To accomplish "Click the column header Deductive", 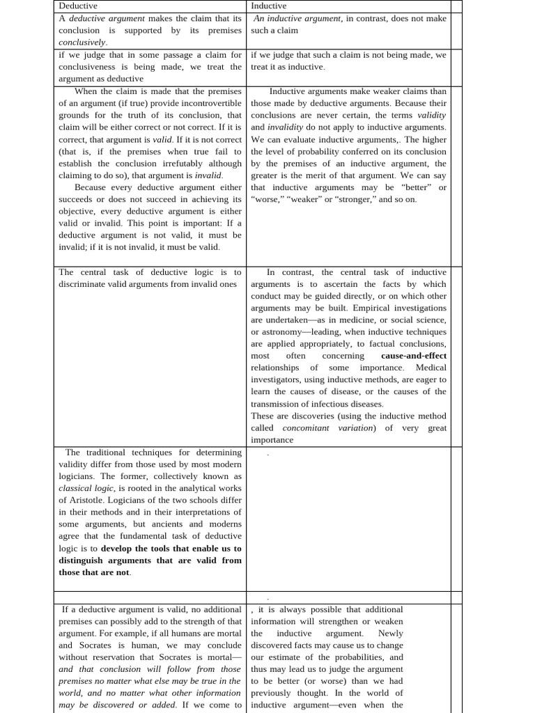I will coord(78,6).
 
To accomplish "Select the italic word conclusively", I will coord(82,42).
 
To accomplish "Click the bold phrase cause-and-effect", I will coord(414,356).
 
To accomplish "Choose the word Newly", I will coord(390,634).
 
